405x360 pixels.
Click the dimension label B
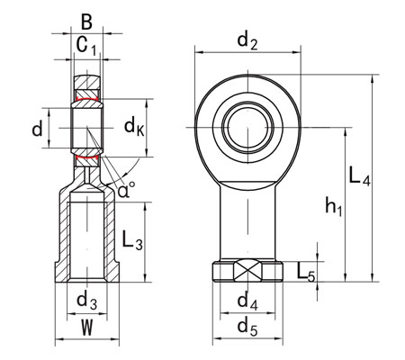[86, 19]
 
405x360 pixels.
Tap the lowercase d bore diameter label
[37, 129]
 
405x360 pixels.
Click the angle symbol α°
[126, 189]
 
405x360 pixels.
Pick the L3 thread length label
[131, 240]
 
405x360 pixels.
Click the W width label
[85, 326]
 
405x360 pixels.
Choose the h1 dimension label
[332, 208]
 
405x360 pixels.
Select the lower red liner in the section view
[86, 159]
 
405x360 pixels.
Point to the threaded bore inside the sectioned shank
[86, 238]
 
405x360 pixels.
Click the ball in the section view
[86, 128]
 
